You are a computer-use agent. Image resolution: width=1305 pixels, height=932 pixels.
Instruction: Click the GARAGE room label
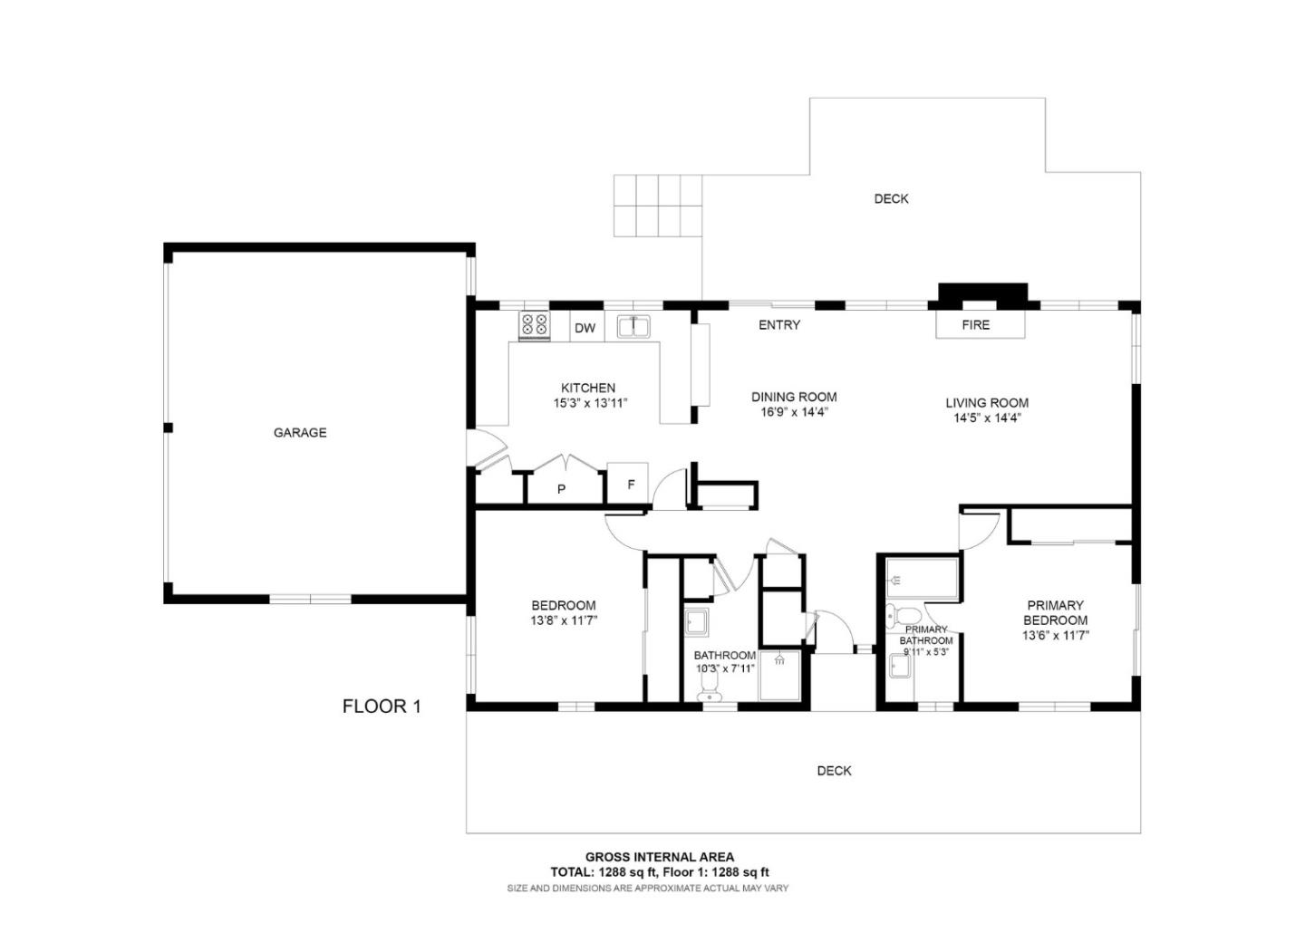300,433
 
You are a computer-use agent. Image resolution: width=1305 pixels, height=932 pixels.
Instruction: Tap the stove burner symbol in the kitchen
533,325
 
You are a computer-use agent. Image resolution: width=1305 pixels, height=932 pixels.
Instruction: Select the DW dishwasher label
585,328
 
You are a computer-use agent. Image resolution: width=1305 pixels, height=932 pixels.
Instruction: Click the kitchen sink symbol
634,326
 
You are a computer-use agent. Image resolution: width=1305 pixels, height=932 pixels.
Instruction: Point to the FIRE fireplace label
976,325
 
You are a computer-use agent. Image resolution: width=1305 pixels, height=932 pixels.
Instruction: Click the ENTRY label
779,325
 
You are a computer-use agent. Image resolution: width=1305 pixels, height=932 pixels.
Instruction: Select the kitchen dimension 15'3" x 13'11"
590,403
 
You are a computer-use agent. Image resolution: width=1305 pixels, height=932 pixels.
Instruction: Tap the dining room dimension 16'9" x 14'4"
794,412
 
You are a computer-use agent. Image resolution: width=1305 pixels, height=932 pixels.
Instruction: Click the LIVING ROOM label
987,403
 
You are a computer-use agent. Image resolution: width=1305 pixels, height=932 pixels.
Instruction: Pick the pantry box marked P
562,488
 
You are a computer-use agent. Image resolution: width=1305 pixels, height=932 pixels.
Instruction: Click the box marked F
631,484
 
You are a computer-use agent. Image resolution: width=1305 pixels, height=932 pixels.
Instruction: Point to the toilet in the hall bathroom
709,693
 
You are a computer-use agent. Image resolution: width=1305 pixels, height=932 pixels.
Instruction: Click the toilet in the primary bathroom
894,616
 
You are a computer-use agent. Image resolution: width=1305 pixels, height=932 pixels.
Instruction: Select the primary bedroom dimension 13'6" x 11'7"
1056,636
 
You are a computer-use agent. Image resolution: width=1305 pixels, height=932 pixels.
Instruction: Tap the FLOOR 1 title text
382,706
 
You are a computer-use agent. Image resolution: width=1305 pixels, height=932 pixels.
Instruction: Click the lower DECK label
834,771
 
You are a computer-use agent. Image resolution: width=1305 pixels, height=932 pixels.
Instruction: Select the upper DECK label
891,198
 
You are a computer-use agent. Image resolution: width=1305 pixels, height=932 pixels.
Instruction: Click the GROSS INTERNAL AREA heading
660,857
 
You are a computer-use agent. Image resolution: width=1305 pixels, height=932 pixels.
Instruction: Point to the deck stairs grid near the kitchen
658,206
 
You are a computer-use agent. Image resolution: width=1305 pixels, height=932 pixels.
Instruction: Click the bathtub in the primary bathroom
922,580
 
